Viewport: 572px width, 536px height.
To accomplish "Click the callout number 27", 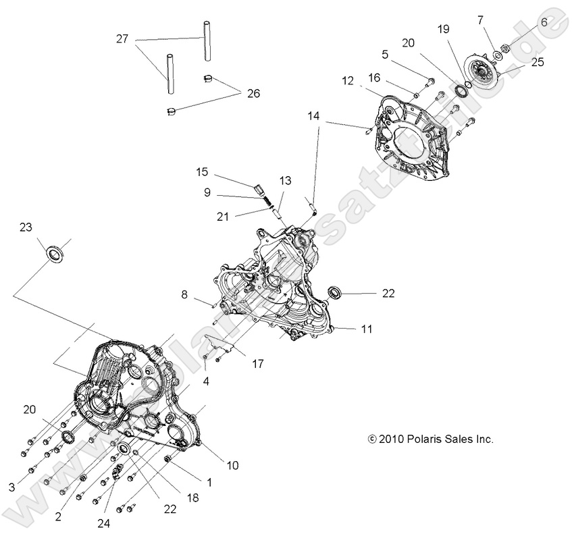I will click(122, 40).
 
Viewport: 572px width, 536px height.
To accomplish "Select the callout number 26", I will click(253, 93).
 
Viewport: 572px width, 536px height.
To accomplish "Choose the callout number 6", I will click(544, 22).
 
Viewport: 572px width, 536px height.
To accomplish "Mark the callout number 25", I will click(538, 63).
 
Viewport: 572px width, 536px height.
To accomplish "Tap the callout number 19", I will click(443, 29).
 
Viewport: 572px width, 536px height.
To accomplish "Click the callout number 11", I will click(367, 329).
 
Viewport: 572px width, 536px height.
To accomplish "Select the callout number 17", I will click(258, 365).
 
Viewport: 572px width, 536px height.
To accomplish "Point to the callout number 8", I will click(184, 294).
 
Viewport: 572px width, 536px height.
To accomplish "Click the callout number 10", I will click(232, 465).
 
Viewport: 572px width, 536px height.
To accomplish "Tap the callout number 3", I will click(11, 487).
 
